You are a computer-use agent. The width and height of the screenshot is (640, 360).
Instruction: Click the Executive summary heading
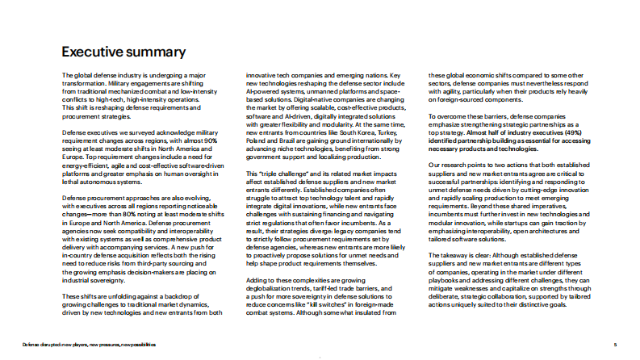click(x=124, y=52)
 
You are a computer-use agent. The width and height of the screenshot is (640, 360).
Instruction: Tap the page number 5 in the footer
click(x=616, y=344)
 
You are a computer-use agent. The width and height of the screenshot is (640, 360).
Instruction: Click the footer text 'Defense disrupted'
click(x=51, y=344)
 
